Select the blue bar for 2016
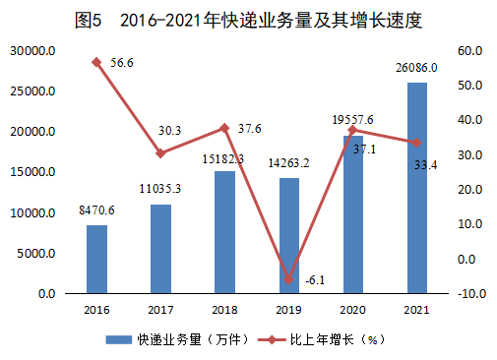[x=97, y=260]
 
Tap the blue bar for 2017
[x=160, y=250]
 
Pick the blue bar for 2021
[x=416, y=189]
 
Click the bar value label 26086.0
[x=416, y=68]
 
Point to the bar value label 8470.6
[x=96, y=210]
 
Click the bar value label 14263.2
[x=288, y=163]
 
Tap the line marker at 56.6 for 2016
[x=96, y=62]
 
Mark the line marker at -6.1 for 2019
[x=288, y=279]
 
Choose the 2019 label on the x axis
[x=288, y=309]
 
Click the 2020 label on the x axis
[x=352, y=309]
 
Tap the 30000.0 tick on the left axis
[x=32, y=51]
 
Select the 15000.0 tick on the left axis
[x=32, y=173]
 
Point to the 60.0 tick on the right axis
[x=467, y=51]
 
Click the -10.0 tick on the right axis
[x=467, y=294]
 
